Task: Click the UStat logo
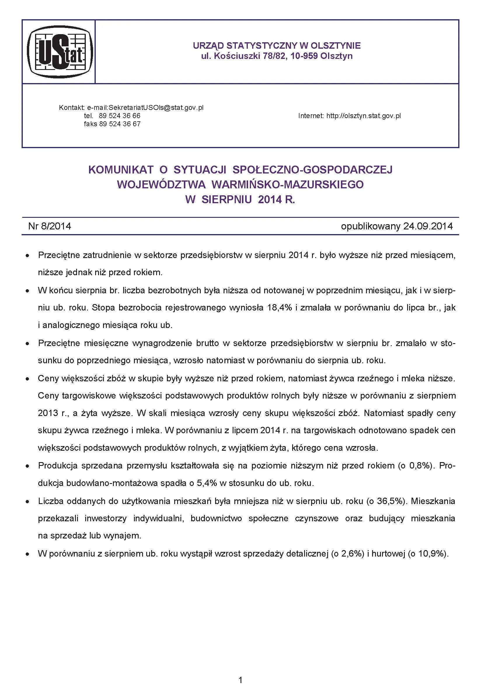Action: tap(60, 52)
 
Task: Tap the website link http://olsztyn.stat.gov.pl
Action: tap(363, 116)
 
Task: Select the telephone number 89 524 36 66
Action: tap(119, 116)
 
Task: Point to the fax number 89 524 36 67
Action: tap(119, 124)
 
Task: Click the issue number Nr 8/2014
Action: tap(50, 226)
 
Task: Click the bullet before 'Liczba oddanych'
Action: tap(27, 502)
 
